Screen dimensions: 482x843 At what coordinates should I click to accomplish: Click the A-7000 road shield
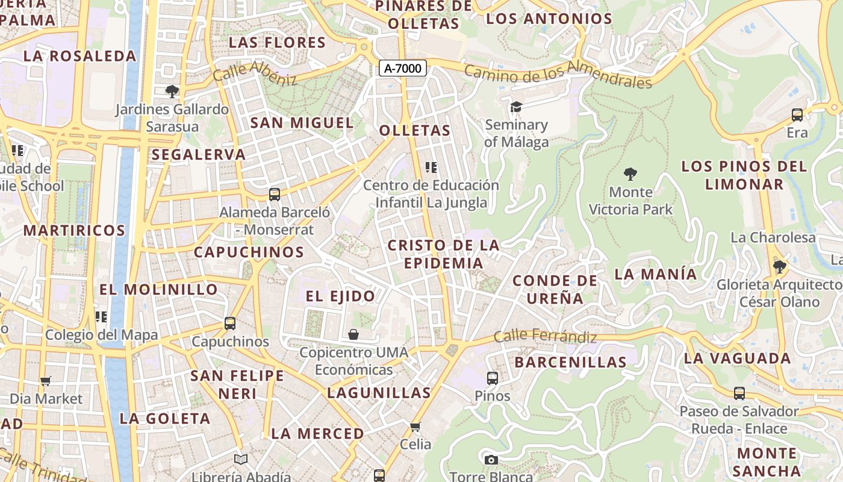[x=403, y=69]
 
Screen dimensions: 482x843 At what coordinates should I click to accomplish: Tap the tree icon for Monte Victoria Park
[x=630, y=175]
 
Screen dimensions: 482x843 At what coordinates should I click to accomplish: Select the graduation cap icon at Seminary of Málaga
[x=516, y=107]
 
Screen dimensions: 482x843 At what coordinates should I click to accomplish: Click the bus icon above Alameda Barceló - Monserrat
[x=275, y=195]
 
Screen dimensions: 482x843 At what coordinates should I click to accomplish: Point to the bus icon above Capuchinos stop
[x=230, y=324]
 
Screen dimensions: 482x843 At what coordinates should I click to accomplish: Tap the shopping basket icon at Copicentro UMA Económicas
[x=353, y=334]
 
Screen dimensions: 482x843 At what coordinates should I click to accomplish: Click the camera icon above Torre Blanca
[x=491, y=460]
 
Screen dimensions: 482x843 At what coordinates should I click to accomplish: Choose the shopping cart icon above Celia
[x=415, y=427]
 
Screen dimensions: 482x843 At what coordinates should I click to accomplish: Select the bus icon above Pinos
[x=493, y=378]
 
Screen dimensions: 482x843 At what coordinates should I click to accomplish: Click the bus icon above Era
[x=797, y=115]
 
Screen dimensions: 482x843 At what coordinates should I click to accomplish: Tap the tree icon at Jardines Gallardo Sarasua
[x=172, y=92]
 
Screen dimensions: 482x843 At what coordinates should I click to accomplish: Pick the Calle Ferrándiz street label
[x=545, y=337]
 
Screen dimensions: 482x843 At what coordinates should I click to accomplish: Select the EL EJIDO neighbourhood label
[x=340, y=296]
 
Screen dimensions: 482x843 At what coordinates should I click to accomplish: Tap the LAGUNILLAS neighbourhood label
[x=379, y=393]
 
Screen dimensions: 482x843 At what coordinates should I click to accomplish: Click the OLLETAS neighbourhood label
[x=415, y=130]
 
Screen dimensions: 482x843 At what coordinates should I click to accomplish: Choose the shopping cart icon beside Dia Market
[x=46, y=381]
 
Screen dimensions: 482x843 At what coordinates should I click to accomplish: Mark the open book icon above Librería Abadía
[x=241, y=460]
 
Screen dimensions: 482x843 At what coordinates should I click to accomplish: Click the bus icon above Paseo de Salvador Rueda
[x=739, y=393]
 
